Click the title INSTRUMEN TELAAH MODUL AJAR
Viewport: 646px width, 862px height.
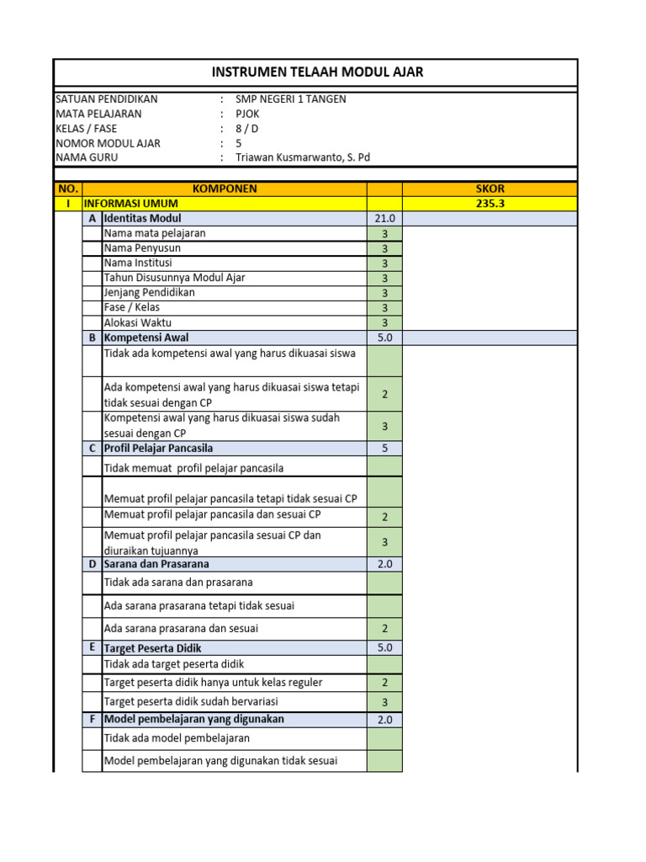point(317,72)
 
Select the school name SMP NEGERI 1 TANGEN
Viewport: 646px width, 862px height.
point(290,98)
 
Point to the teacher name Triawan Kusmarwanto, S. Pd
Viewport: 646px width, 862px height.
point(302,157)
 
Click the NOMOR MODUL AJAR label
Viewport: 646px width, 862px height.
point(108,143)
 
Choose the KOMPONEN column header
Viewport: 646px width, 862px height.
point(225,189)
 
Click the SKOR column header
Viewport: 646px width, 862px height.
point(490,189)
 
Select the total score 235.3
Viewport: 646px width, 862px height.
point(490,203)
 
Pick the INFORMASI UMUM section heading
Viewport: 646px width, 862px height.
point(124,203)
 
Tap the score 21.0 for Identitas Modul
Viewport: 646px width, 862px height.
point(384,218)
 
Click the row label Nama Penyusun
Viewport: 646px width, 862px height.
point(142,248)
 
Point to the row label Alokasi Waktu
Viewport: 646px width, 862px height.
point(138,322)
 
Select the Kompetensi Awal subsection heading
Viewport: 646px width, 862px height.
point(140,338)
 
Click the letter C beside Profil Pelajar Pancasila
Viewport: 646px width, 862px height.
point(92,448)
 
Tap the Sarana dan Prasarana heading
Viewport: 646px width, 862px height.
point(156,564)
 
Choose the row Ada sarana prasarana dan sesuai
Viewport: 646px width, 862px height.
point(181,628)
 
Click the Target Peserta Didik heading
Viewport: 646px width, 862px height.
point(152,648)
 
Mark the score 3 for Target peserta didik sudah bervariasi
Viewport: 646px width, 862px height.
point(384,702)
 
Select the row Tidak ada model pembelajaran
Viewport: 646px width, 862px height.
point(177,738)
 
